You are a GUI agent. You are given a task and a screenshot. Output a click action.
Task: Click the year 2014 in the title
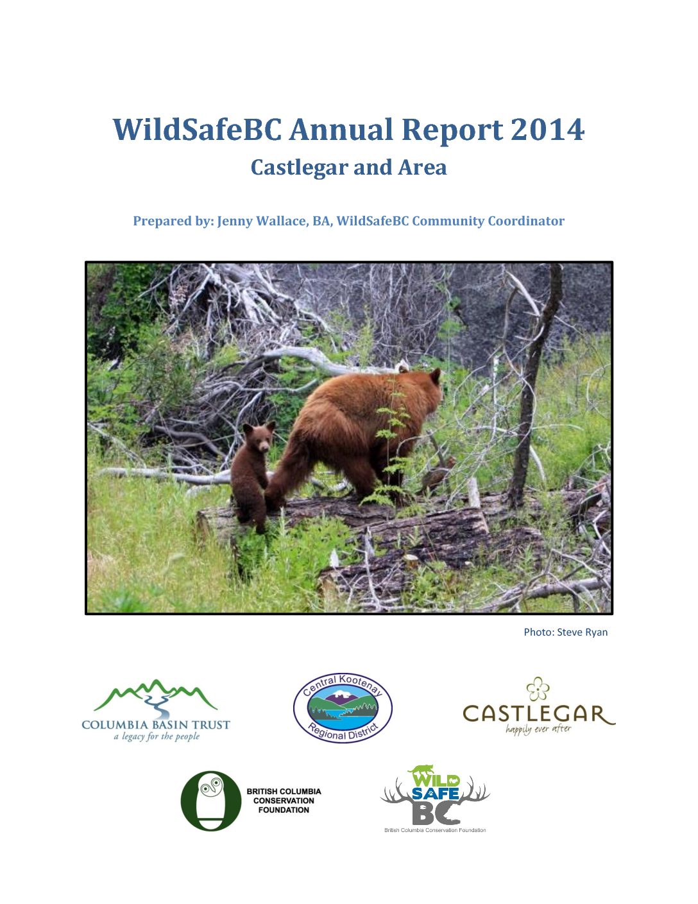tap(547, 130)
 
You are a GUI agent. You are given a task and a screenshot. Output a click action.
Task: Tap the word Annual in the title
tap(341, 130)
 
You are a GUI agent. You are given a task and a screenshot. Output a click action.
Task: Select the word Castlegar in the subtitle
tap(300, 168)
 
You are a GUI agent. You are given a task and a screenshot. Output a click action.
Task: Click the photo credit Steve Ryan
tap(582, 632)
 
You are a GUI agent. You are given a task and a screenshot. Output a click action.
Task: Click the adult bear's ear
tap(435, 376)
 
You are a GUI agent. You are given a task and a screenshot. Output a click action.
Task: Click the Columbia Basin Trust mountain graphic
tap(155, 696)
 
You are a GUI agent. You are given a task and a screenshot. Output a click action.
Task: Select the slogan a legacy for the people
tap(157, 737)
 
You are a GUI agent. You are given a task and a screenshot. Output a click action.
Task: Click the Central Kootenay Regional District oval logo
tap(343, 708)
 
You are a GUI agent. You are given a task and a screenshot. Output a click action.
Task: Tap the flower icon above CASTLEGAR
tap(538, 689)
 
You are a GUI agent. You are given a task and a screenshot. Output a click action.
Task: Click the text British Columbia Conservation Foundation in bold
tap(284, 801)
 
